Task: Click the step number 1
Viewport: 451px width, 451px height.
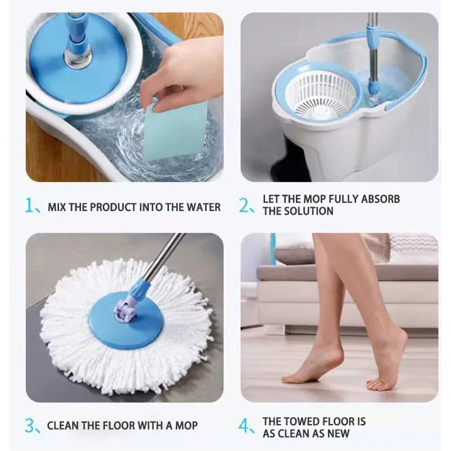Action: [x=30, y=205]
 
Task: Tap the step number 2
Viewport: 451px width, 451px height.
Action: [x=244, y=205]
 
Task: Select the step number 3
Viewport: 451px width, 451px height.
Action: [x=30, y=426]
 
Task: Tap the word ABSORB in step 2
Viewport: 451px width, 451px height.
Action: [x=380, y=199]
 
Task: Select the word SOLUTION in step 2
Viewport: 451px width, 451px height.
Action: [x=308, y=211]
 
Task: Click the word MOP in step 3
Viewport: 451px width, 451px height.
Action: [x=187, y=425]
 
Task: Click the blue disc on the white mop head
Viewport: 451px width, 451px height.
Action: [x=126, y=320]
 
